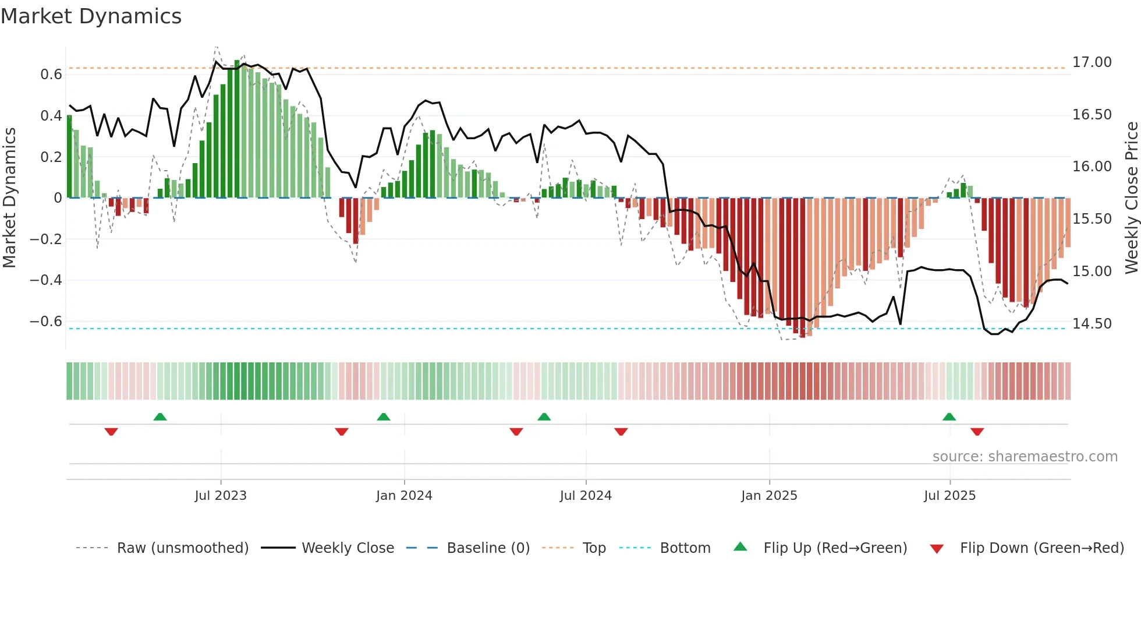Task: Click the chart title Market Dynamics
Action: tap(91, 16)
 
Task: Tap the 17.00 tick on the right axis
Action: tap(1092, 62)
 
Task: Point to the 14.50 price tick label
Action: tap(1092, 323)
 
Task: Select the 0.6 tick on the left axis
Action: tap(51, 75)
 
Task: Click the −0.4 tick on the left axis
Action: tap(46, 280)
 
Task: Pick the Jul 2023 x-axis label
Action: tap(221, 496)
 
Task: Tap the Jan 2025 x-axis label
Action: tap(769, 496)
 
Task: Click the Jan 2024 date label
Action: tap(404, 496)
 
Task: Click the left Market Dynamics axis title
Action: tap(9, 198)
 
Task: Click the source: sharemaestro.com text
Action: tap(1025, 457)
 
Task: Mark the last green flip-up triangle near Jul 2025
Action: tap(949, 417)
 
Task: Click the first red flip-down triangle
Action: tap(111, 432)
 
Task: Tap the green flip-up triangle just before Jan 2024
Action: tap(383, 417)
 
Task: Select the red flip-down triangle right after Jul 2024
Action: tap(621, 432)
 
